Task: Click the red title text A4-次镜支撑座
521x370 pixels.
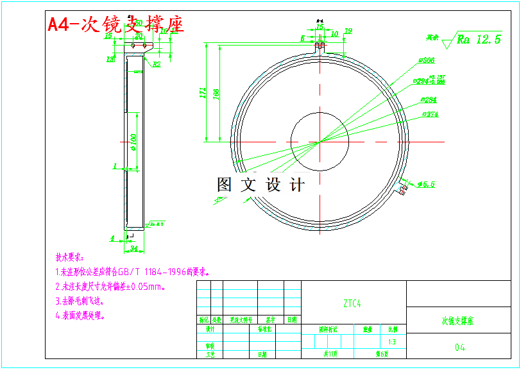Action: tap(116, 24)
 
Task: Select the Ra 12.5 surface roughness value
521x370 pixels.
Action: tap(479, 39)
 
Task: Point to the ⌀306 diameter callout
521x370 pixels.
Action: tap(426, 60)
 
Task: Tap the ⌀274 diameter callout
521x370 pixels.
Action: tap(430, 115)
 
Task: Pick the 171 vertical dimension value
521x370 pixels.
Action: tap(203, 93)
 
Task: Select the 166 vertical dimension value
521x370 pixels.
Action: tap(216, 94)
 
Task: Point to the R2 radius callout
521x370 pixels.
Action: tap(156, 64)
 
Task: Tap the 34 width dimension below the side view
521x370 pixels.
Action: tap(133, 248)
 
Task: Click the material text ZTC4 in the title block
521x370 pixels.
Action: tap(352, 304)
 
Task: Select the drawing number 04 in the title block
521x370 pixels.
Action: tap(459, 348)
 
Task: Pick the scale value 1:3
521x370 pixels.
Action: tap(391, 342)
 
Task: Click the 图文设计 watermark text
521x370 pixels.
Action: tap(260, 185)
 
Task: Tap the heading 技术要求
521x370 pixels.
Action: tap(69, 258)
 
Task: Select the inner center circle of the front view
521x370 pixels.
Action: tap(319, 141)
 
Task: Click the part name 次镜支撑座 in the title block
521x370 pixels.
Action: tap(457, 321)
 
